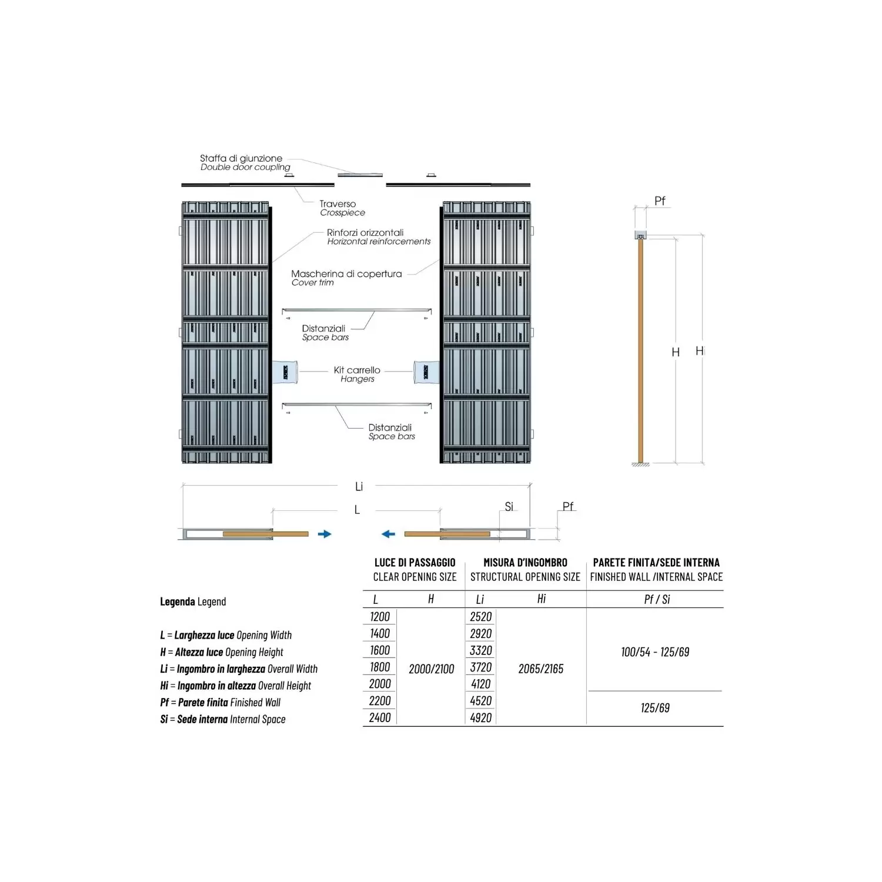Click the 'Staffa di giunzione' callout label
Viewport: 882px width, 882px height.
pyautogui.click(x=241, y=158)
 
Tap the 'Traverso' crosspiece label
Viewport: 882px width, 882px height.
pyautogui.click(x=338, y=204)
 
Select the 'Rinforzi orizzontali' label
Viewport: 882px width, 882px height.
pyautogui.click(x=365, y=232)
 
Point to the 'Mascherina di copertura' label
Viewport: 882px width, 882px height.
pyautogui.click(x=346, y=273)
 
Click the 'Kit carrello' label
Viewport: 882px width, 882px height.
pyautogui.click(x=357, y=370)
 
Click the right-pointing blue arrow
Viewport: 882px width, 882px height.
pyautogui.click(x=325, y=534)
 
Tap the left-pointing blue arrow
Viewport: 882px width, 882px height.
pyautogui.click(x=388, y=534)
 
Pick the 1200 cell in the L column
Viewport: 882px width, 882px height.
pyautogui.click(x=380, y=616)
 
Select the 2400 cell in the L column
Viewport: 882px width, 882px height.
pyautogui.click(x=380, y=717)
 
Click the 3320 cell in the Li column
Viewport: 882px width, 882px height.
pyautogui.click(x=481, y=650)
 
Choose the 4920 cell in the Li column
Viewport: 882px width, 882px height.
pyautogui.click(x=481, y=717)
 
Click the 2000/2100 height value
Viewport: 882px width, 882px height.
pyautogui.click(x=432, y=669)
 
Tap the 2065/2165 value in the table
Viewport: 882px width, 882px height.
pyautogui.click(x=541, y=669)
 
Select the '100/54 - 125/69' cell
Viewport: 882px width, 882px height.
pyautogui.click(x=655, y=652)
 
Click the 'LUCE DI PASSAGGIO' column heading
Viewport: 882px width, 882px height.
pyautogui.click(x=415, y=563)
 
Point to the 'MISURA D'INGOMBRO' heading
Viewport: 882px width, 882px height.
pyautogui.click(x=525, y=563)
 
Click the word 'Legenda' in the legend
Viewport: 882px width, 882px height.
pyautogui.click(x=178, y=602)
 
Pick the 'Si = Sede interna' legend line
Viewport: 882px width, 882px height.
pyautogui.click(x=223, y=719)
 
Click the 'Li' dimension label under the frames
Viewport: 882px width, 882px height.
pyautogui.click(x=359, y=486)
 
